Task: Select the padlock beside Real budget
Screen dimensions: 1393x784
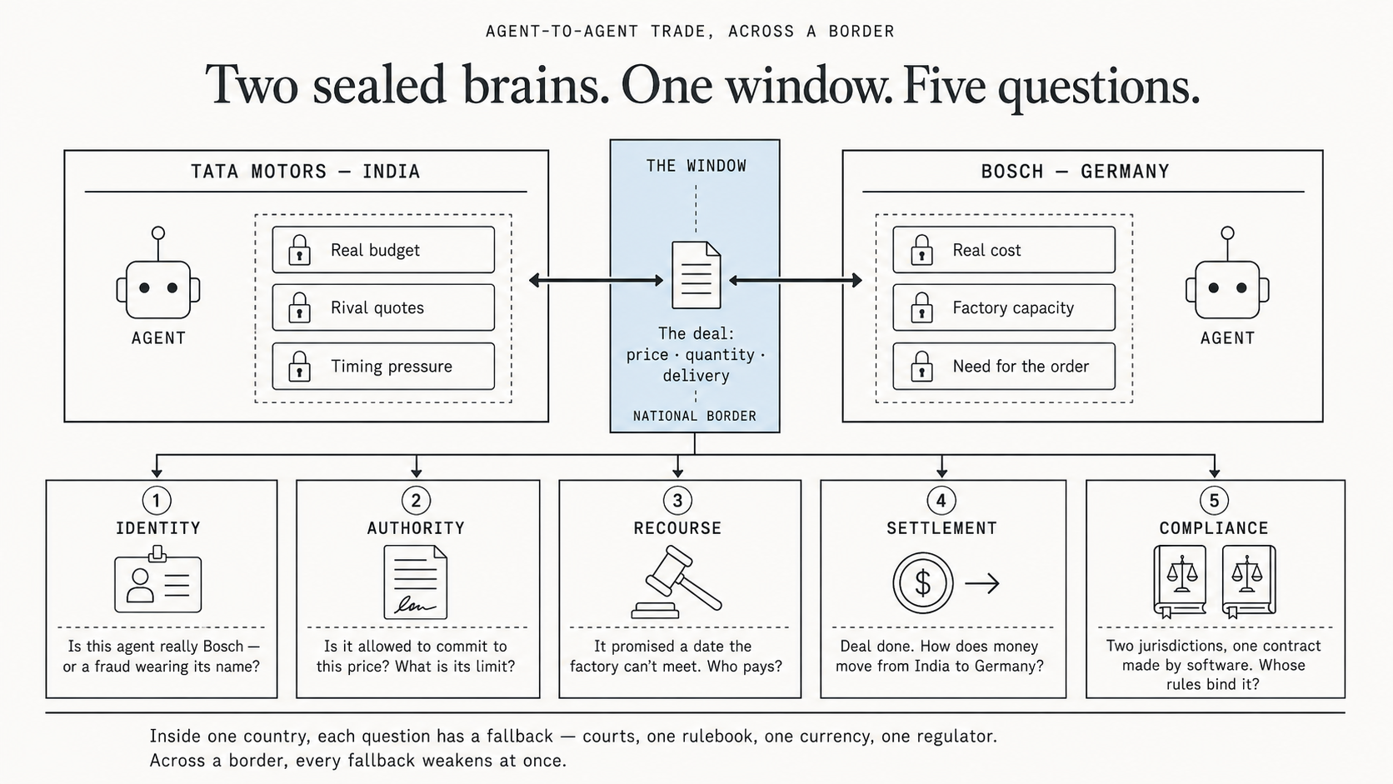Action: pos(299,250)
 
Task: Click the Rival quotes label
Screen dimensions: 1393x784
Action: pos(377,307)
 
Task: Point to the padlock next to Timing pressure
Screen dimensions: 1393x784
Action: pos(299,367)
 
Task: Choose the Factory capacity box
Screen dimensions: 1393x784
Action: pos(1004,307)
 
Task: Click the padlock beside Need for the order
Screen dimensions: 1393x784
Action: pos(921,367)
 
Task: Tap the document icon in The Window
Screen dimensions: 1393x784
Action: pos(696,275)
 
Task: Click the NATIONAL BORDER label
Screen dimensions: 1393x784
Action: pos(695,416)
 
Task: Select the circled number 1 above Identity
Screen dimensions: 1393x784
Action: pos(157,500)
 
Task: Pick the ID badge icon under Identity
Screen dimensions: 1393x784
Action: pos(158,579)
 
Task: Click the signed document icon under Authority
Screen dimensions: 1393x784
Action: pos(416,582)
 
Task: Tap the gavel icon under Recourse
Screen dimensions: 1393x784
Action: pos(677,582)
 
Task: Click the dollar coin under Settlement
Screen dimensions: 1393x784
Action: pos(923,583)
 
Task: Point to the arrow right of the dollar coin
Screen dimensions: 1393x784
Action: pos(982,583)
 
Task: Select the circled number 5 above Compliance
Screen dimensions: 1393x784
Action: pos(1214,500)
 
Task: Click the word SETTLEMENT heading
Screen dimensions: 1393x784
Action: pos(941,528)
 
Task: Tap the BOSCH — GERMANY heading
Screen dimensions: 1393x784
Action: pos(1076,172)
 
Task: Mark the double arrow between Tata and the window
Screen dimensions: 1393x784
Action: pos(596,281)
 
